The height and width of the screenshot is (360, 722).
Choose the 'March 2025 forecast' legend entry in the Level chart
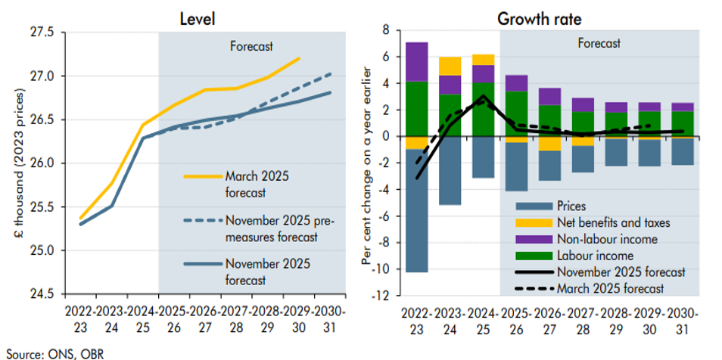(x=257, y=183)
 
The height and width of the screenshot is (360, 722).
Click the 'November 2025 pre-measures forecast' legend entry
(x=276, y=228)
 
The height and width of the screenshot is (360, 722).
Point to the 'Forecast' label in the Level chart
(x=251, y=45)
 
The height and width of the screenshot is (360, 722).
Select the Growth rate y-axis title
(x=368, y=163)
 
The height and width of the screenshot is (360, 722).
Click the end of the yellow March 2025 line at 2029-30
(x=299, y=57)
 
